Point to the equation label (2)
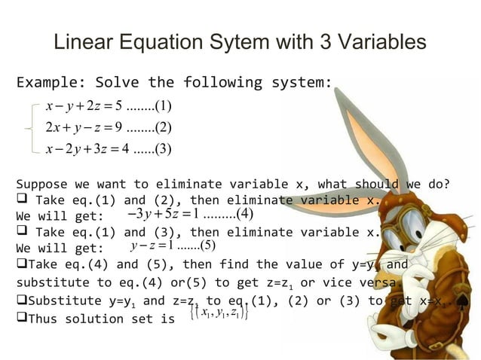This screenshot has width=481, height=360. pyautogui.click(x=164, y=126)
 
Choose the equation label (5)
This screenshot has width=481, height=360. pyautogui.click(x=206, y=245)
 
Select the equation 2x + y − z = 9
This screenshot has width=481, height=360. pyautogui.click(x=83, y=126)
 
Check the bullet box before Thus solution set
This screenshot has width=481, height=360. pyautogui.click(x=21, y=318)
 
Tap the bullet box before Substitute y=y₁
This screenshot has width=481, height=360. pyautogui.click(x=21, y=300)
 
